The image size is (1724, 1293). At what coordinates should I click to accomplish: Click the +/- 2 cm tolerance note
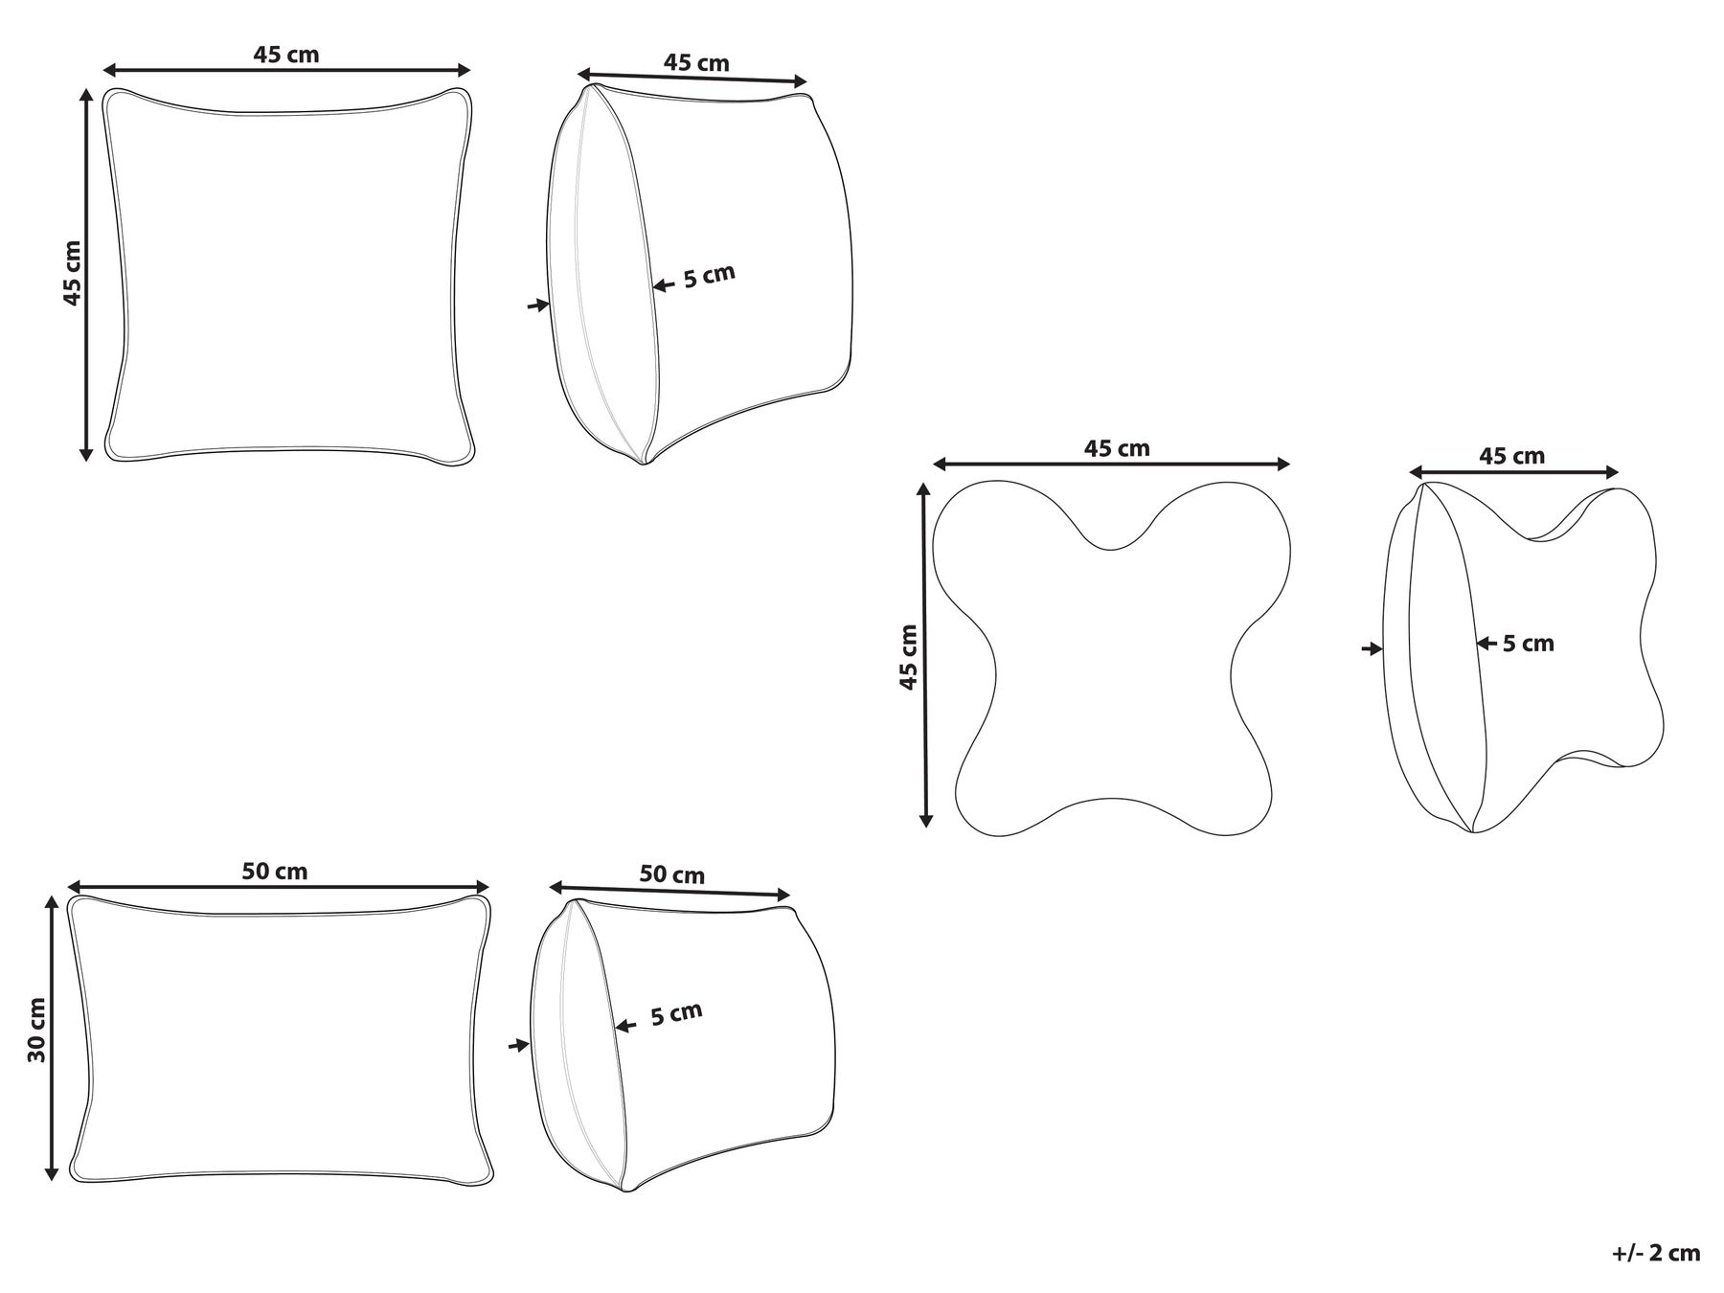[x=1656, y=1253]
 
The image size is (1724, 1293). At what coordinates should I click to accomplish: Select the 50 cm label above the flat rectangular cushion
[x=275, y=871]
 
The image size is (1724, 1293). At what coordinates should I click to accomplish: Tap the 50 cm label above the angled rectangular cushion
[x=671, y=874]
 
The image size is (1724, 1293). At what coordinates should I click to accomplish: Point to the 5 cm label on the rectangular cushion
[x=676, y=1014]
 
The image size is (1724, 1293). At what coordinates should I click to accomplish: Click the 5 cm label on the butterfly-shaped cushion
[x=1528, y=644]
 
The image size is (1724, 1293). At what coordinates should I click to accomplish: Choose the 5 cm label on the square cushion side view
[x=709, y=277]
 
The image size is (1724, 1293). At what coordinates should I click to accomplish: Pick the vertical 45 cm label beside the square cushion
[x=73, y=273]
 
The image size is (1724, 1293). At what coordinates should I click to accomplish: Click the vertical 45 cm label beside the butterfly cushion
[x=908, y=656]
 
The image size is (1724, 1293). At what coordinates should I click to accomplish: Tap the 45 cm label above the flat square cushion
[x=286, y=55]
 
